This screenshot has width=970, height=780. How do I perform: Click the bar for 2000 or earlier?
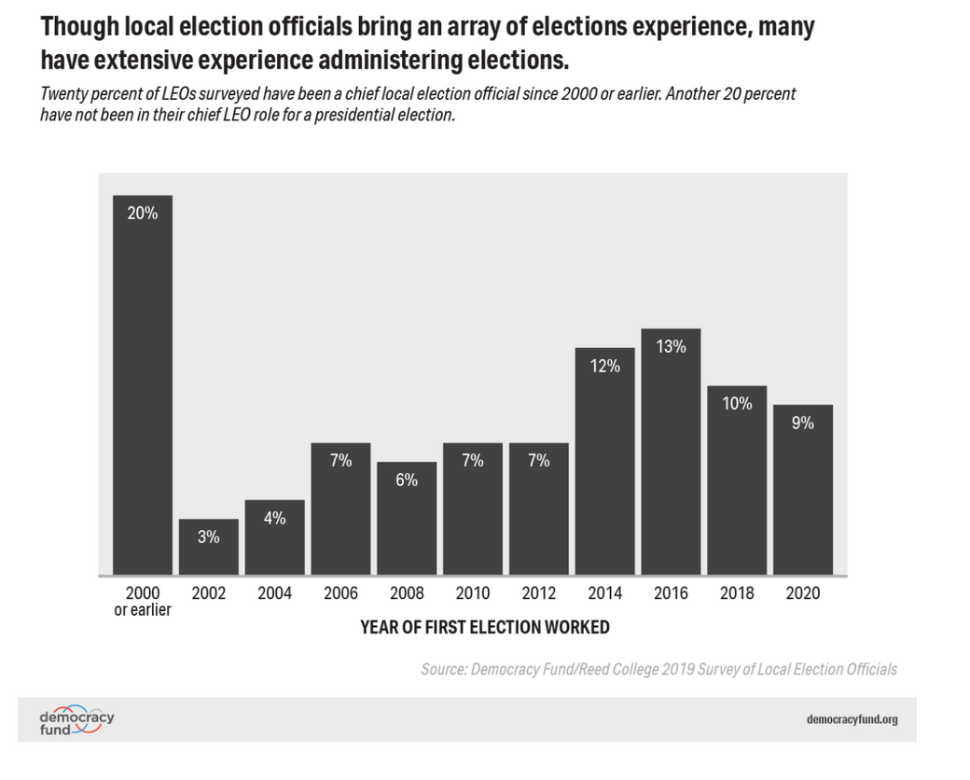(x=143, y=385)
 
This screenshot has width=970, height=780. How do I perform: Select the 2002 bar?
(x=209, y=548)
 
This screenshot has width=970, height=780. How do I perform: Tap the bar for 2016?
(x=671, y=452)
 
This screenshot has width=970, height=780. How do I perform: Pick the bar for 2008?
(x=407, y=519)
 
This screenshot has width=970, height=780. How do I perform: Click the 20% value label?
(x=143, y=214)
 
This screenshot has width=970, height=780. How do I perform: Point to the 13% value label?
(x=672, y=347)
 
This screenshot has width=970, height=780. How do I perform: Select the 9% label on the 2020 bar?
(x=803, y=423)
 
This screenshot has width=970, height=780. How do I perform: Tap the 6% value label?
(x=407, y=480)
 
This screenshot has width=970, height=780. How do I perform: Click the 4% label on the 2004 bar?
(x=274, y=518)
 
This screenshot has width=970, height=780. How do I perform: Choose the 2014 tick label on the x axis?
(x=604, y=593)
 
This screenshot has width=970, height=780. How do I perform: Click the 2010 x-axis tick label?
(x=473, y=593)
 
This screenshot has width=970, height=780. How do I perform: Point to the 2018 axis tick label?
(x=737, y=593)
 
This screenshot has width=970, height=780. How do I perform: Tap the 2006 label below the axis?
(x=340, y=593)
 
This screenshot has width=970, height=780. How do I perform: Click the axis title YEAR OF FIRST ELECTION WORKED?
(x=485, y=627)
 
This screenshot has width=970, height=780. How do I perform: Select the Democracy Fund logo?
(x=76, y=720)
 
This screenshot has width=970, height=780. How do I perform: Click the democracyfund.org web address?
(x=852, y=719)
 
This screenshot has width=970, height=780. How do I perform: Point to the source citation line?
(x=658, y=669)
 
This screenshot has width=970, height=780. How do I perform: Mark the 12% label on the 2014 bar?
(x=605, y=366)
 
